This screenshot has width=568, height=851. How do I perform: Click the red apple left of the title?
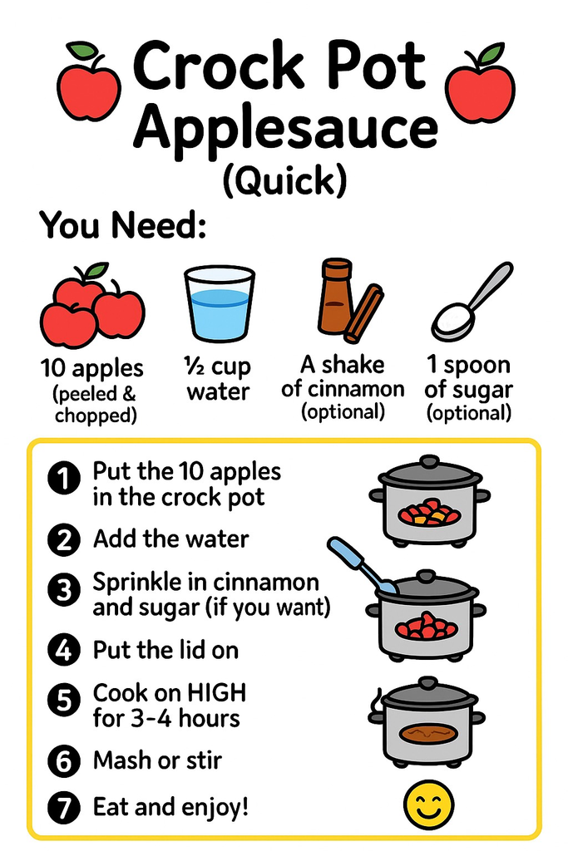pyautogui.click(x=88, y=82)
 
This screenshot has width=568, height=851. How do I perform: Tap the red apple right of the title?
pyautogui.click(x=480, y=82)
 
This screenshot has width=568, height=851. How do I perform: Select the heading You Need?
pyautogui.click(x=123, y=225)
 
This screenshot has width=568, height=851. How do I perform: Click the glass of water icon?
pyautogui.click(x=219, y=304)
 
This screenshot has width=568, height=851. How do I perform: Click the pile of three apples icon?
pyautogui.click(x=91, y=307)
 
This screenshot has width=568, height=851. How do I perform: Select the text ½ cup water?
pyautogui.click(x=218, y=378)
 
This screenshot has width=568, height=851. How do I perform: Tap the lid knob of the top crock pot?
pyautogui.click(x=428, y=461)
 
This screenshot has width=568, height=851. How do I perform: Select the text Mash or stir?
pyautogui.click(x=157, y=760)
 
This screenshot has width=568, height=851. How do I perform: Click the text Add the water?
pyautogui.click(x=170, y=539)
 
